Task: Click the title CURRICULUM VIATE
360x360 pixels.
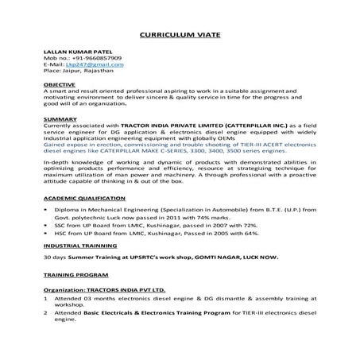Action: pyautogui.click(x=180, y=35)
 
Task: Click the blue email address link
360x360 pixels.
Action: pyautogui.click(x=84, y=65)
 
